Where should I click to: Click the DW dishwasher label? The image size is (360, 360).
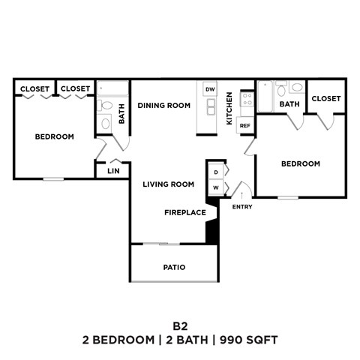pos(210,89)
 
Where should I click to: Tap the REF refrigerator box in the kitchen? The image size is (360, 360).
pos(244,125)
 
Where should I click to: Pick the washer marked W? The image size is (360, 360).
pos(216,187)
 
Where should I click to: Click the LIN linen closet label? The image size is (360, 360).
pos(113,171)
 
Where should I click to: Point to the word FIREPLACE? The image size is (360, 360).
pos(185,212)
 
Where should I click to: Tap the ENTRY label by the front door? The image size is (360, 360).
pos(242,206)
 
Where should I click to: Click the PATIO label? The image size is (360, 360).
pos(174,267)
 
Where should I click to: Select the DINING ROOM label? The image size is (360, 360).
pos(168,106)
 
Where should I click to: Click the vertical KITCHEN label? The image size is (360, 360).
pos(229,108)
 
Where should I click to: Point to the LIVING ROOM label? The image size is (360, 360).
pos(169,184)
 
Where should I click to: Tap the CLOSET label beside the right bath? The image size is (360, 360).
pos(325,98)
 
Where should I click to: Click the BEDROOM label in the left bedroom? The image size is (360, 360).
pos(55,136)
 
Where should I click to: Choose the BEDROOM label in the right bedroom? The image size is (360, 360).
pos(300,163)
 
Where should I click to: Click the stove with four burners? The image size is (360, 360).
pos(246,100)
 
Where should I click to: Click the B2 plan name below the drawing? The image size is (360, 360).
pos(179,325)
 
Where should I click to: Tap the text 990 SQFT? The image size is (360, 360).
pos(249,340)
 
